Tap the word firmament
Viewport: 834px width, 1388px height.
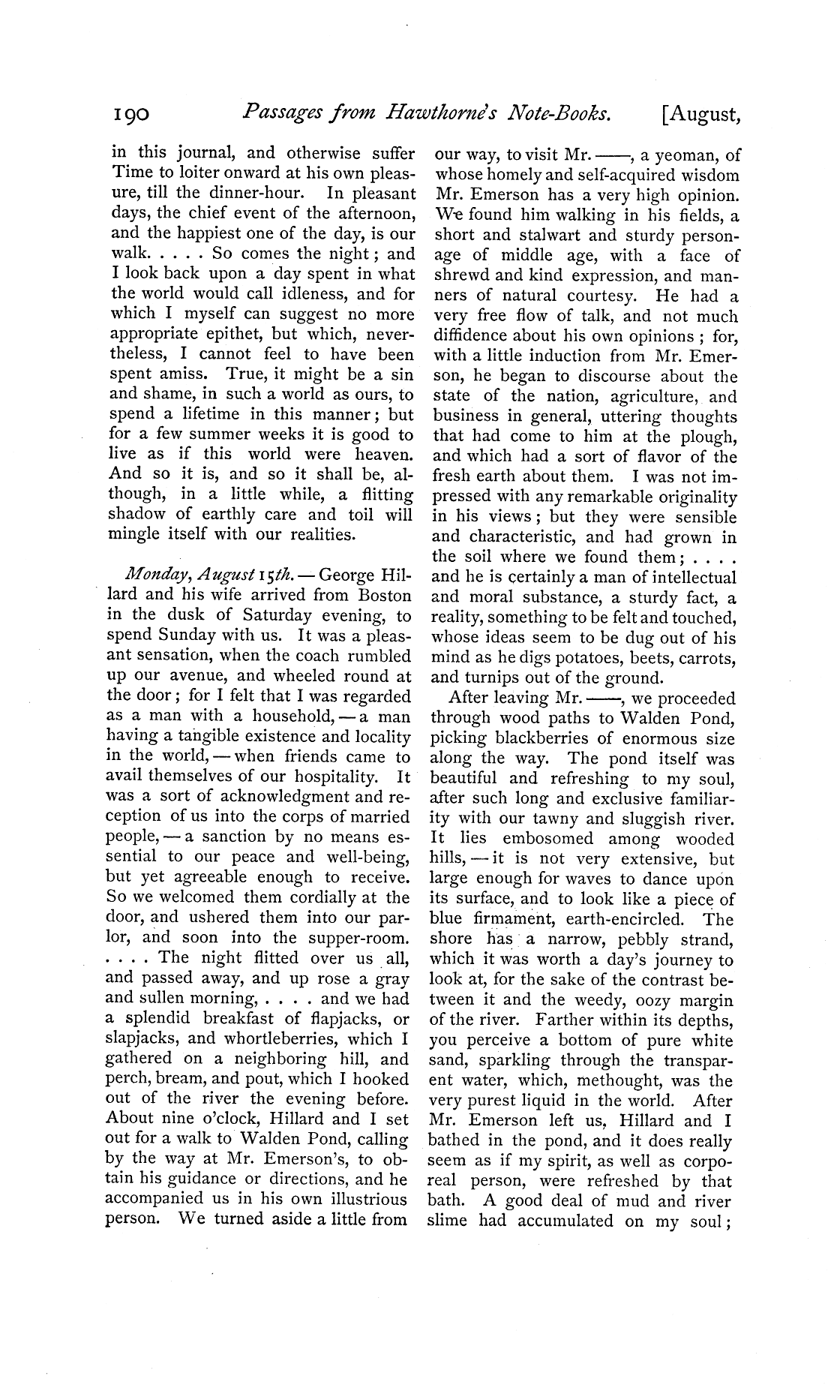[517, 919]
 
